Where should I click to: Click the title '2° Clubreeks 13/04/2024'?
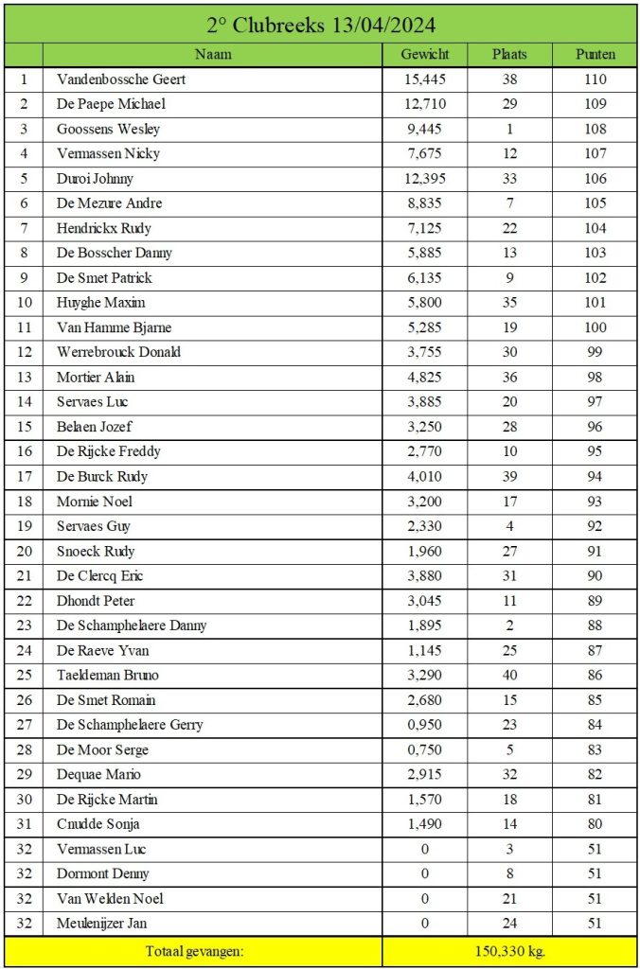320,24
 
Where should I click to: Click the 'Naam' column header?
213,55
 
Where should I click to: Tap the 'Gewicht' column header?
425,55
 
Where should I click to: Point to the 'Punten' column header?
596,55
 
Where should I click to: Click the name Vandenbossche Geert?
121,79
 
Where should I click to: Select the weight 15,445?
425,79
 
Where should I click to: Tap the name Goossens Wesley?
109,129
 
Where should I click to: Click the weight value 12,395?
425,179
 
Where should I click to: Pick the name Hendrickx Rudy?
104,228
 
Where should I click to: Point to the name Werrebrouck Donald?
118,352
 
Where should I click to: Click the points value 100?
596,327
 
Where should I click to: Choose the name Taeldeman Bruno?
108,675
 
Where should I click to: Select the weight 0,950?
425,725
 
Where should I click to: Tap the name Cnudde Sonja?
98,824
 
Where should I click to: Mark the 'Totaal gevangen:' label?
194,951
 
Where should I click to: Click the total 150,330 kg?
510,951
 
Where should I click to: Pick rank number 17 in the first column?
24,476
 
